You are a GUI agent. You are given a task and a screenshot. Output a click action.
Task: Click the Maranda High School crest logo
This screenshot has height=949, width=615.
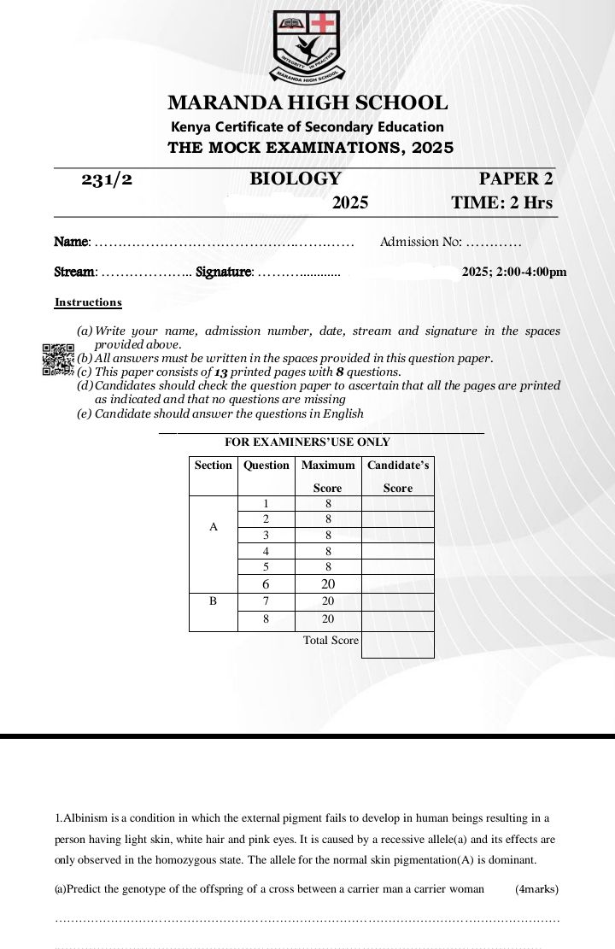tap(307, 46)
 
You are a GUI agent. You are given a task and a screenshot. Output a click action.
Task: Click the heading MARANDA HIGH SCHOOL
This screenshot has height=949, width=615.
tap(307, 103)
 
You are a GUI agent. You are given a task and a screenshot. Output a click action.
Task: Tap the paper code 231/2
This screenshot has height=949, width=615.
tap(107, 179)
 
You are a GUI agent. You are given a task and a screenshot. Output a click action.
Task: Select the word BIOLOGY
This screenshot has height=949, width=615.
tap(295, 179)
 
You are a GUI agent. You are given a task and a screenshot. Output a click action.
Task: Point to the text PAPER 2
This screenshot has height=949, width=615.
tap(515, 179)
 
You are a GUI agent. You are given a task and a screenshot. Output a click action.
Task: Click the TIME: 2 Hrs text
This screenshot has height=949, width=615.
tap(501, 203)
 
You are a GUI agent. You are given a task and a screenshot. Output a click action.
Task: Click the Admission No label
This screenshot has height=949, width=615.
tap(420, 242)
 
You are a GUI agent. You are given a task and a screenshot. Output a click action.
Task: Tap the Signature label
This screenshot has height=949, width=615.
tap(224, 272)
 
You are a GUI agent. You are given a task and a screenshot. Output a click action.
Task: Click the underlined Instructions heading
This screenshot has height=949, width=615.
tap(88, 302)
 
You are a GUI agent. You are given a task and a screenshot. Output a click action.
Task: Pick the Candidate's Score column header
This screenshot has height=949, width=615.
tap(398, 476)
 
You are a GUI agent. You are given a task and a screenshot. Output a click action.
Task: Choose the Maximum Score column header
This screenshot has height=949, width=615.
tap(327, 476)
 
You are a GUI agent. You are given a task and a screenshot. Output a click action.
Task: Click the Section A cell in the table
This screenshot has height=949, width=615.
tap(213, 527)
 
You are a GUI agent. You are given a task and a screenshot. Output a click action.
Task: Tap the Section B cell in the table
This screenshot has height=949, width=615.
tap(213, 601)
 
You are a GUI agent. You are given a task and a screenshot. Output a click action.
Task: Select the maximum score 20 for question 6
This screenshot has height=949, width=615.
tap(328, 585)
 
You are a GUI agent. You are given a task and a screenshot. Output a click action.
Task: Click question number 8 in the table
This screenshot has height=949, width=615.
tap(266, 619)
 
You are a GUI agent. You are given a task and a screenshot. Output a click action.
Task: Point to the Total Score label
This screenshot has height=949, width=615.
tap(331, 640)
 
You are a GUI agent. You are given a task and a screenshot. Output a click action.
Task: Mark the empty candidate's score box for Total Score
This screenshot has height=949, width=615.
tap(397, 645)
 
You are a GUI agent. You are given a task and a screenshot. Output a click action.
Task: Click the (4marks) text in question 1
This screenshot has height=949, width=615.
tap(536, 889)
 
